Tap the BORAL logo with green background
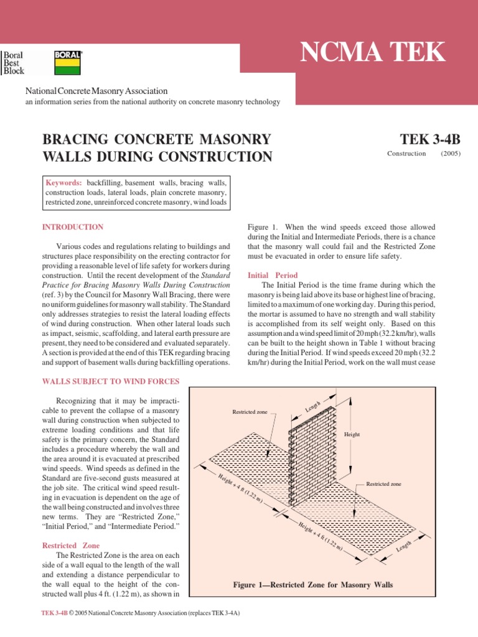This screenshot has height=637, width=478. tap(68, 55)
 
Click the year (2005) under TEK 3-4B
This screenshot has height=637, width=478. tap(451, 153)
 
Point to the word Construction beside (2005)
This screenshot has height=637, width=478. tap(406, 153)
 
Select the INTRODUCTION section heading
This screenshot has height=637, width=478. tap(73, 227)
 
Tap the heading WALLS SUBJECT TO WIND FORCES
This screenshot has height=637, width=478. tap(111, 381)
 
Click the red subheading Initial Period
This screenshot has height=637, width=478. tap(273, 275)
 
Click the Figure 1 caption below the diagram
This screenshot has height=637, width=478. tap(313, 585)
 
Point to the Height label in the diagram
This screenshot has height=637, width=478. tap(352, 434)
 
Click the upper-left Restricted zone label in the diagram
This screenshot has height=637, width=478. tap(250, 412)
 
